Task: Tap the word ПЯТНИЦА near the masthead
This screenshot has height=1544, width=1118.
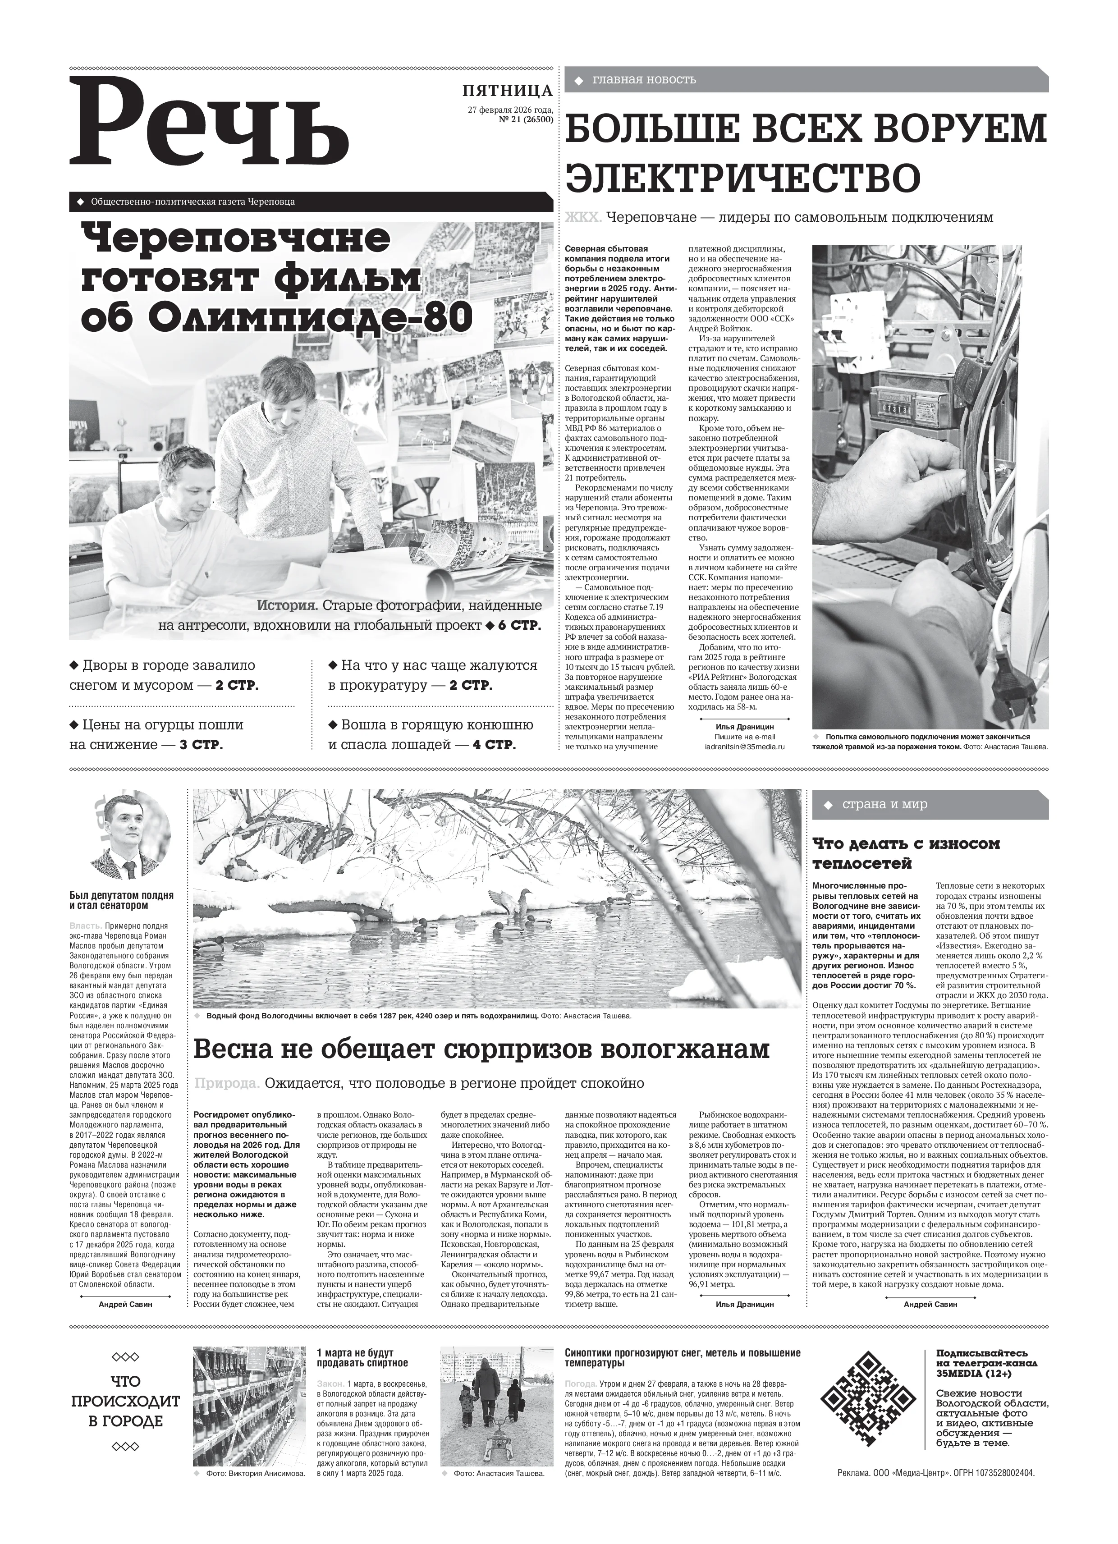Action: click(x=507, y=91)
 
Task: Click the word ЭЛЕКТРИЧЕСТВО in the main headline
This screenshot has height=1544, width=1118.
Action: click(x=743, y=176)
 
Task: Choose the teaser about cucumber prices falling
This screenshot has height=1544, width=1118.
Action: click(x=156, y=734)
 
